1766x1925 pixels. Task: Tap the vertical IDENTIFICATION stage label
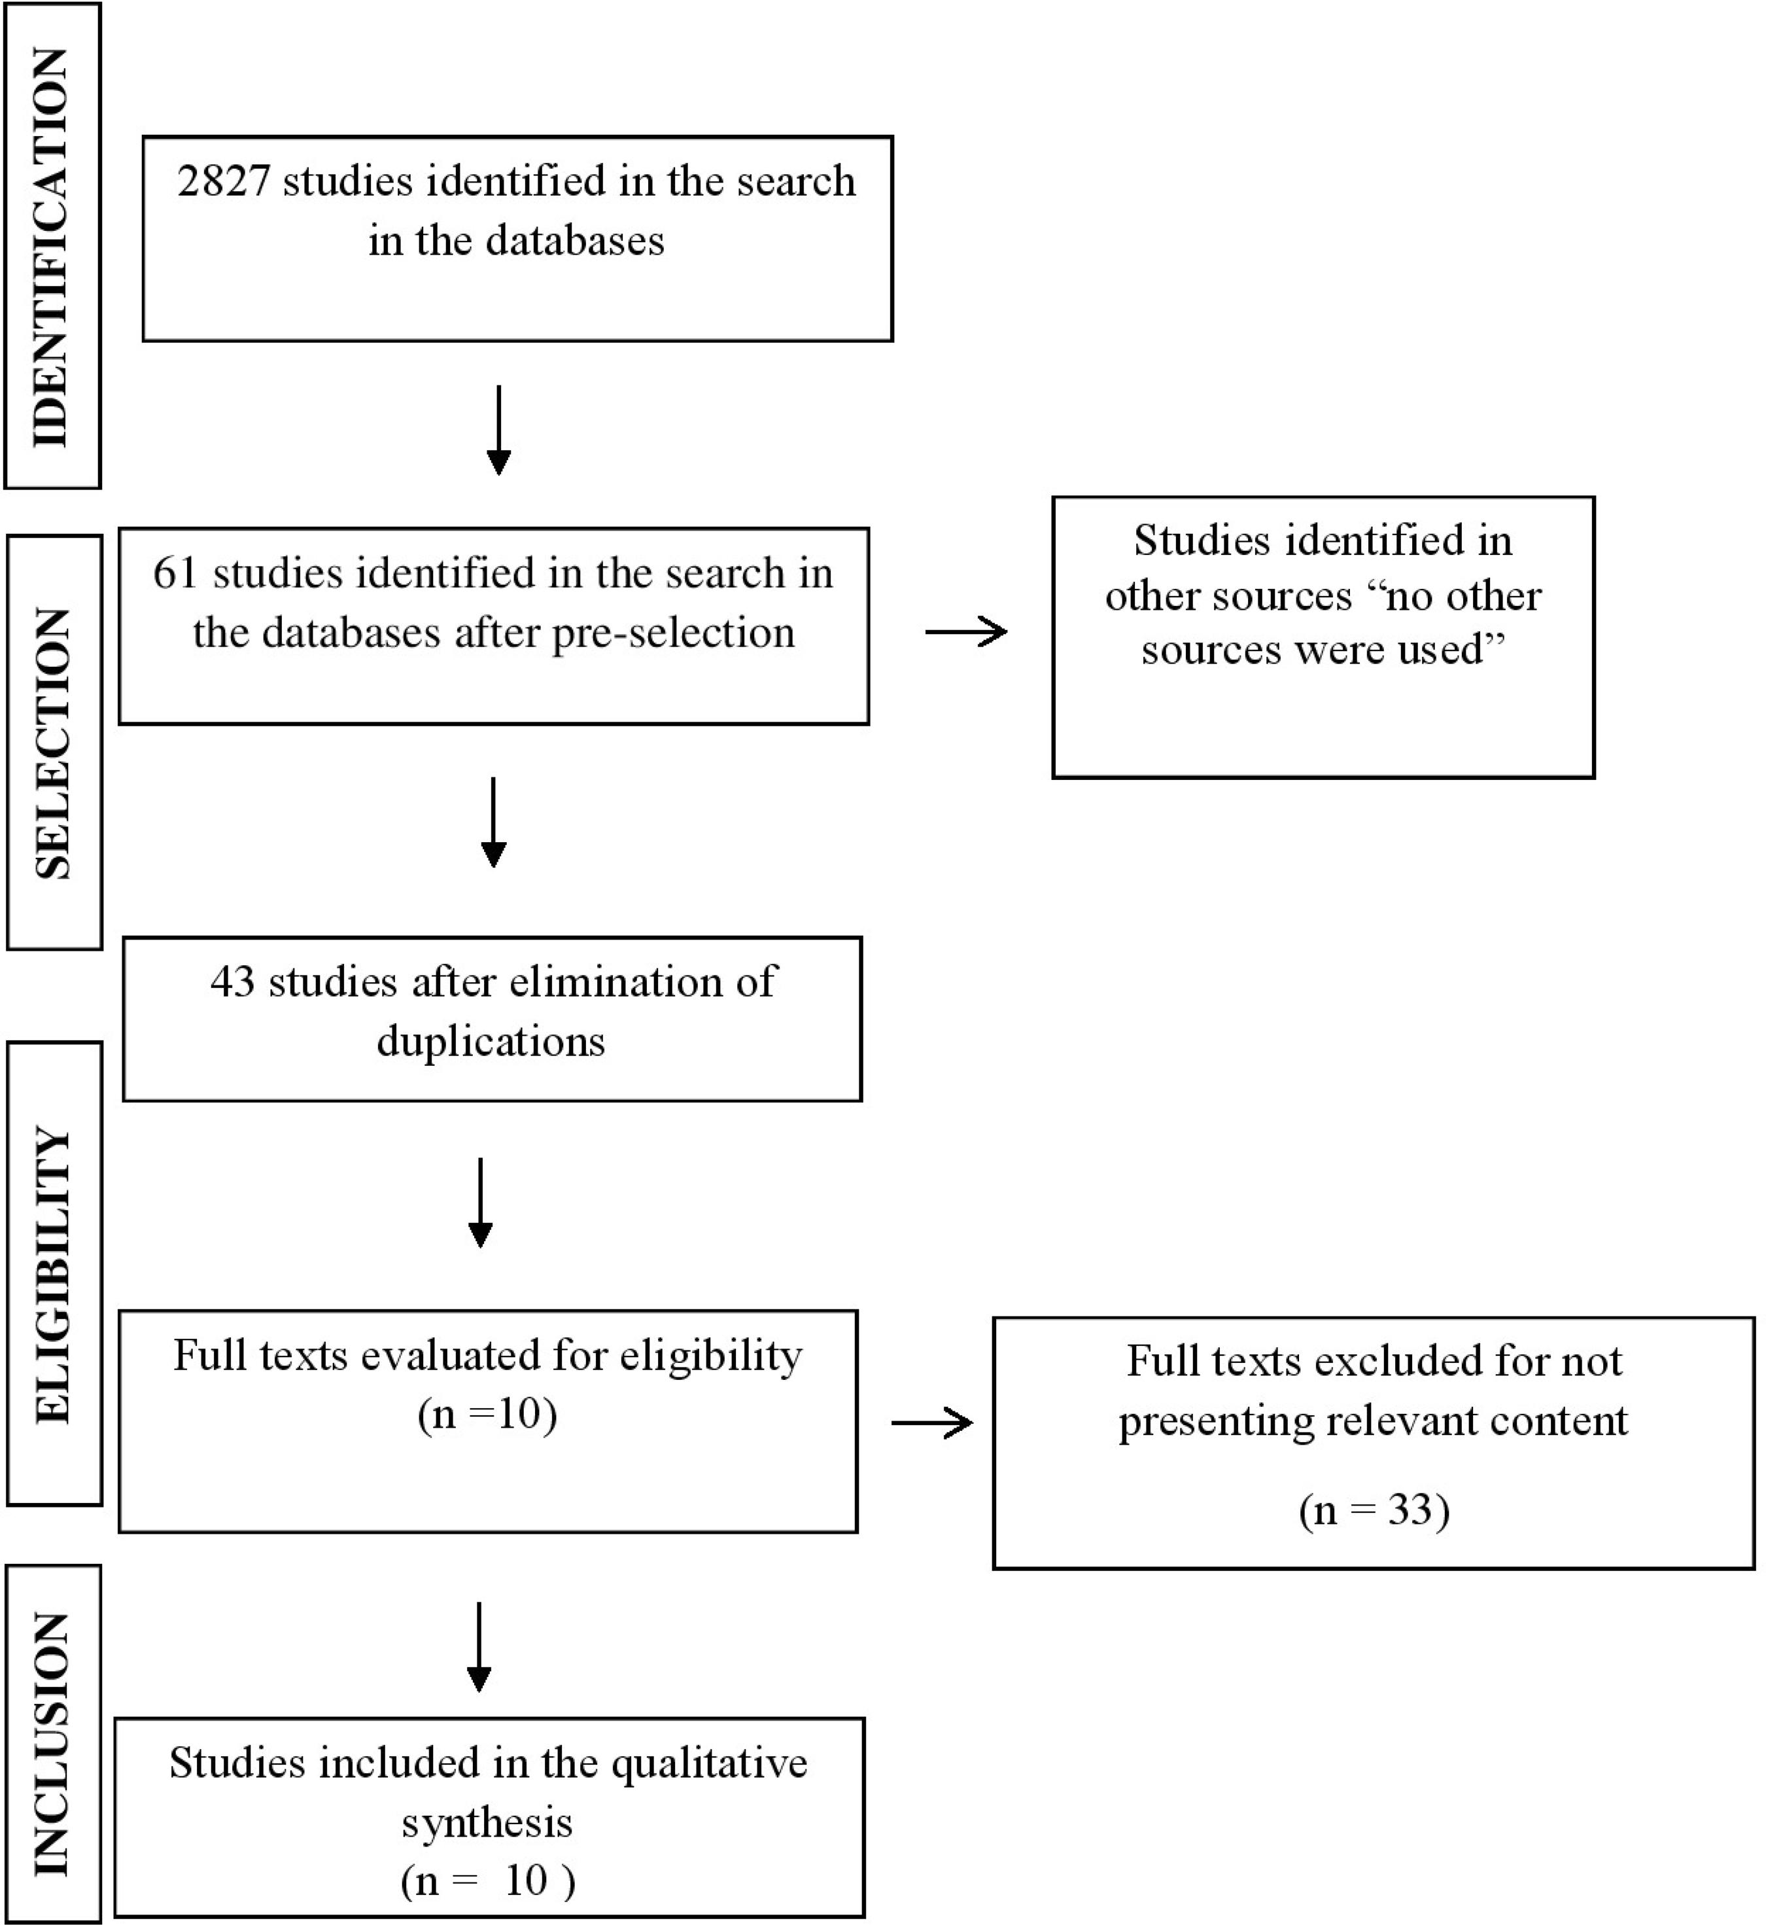click(52, 247)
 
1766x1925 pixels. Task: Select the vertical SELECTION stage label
click(54, 743)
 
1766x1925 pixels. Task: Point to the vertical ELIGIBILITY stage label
click(54, 1275)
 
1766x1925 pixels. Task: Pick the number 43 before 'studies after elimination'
click(232, 981)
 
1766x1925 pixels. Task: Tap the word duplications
click(491, 1041)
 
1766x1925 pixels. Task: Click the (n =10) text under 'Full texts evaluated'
click(487, 1413)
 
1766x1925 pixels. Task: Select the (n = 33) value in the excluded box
click(1374, 1510)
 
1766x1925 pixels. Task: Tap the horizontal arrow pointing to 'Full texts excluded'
click(932, 1423)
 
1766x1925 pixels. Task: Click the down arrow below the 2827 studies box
click(499, 430)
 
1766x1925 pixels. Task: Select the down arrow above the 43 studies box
click(493, 822)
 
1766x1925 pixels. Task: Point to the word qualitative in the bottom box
click(709, 1763)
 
